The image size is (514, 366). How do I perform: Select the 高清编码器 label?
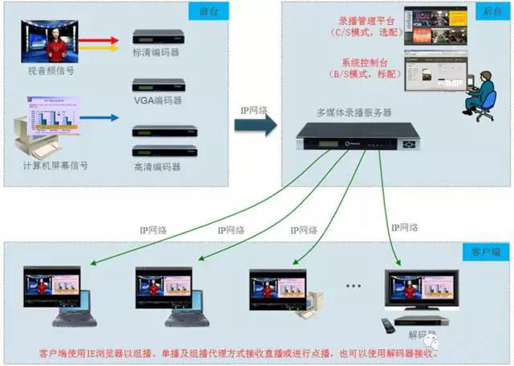157,167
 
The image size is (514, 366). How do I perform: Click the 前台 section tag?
207,12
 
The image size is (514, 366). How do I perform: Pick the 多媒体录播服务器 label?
353,112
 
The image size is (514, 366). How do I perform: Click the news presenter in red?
56,45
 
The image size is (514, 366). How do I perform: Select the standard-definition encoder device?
158,36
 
